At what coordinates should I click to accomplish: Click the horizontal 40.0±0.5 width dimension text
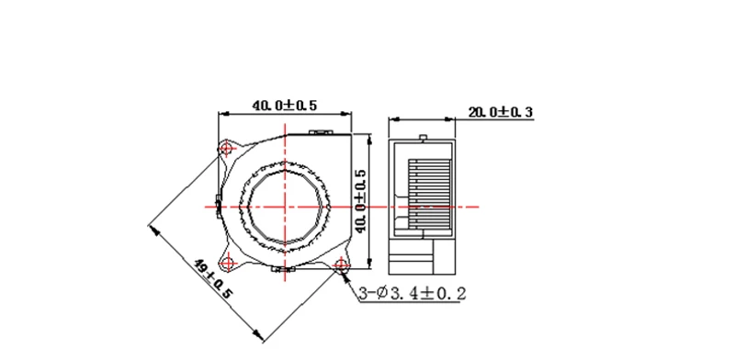(285, 106)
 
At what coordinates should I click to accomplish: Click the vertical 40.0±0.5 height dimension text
(361, 201)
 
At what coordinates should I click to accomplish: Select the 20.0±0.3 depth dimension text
(500, 112)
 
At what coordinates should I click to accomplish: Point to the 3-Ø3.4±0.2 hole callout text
(413, 294)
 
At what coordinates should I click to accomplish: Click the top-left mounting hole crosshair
(228, 150)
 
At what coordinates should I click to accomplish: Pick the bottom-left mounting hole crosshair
(228, 263)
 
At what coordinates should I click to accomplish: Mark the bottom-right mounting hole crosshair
(341, 264)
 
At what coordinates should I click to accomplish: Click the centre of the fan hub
(285, 207)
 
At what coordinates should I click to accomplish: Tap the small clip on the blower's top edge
(321, 133)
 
